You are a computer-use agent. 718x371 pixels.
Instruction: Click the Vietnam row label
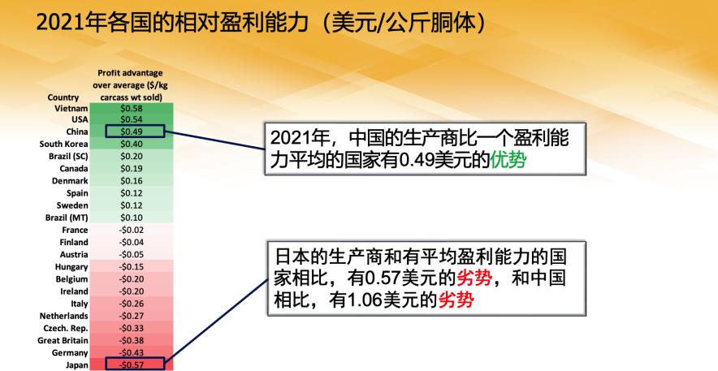click(71, 108)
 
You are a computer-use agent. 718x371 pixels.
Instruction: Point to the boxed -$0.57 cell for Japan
click(134, 365)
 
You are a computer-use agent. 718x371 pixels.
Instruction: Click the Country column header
click(63, 97)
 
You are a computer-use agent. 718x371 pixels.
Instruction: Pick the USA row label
click(80, 119)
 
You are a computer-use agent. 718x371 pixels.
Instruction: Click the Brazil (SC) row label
click(69, 156)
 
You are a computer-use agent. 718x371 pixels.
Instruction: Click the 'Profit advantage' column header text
click(132, 73)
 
